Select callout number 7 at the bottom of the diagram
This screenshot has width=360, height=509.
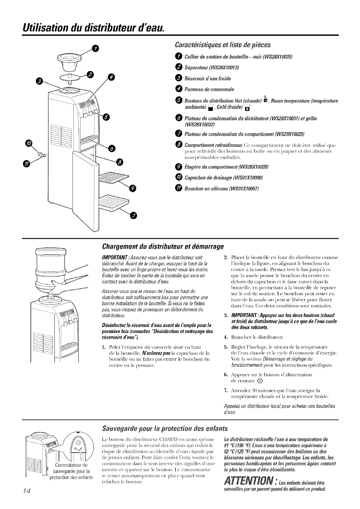133,215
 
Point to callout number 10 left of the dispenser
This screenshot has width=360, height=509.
30,144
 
